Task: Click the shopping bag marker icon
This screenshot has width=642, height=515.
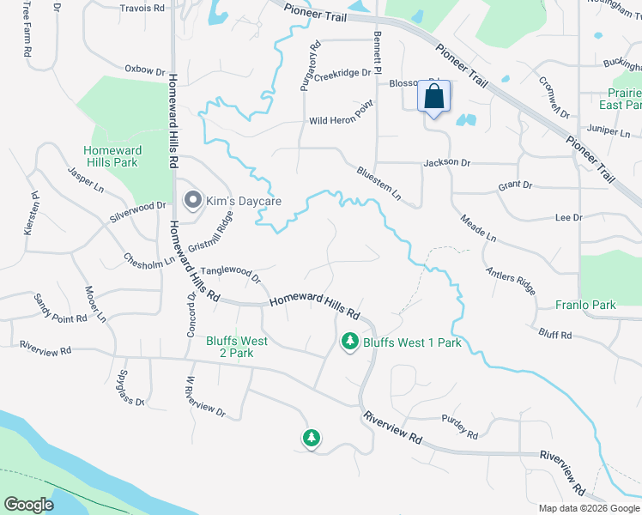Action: (x=434, y=96)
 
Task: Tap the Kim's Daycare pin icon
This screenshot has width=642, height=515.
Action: (x=193, y=201)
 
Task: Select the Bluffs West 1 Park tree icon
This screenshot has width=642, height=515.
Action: (x=350, y=342)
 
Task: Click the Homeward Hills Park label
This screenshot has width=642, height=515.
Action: (x=111, y=156)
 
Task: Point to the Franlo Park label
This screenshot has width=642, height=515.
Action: (x=585, y=305)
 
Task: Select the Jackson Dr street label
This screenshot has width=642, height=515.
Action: (x=447, y=162)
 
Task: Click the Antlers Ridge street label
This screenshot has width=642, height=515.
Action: (x=511, y=281)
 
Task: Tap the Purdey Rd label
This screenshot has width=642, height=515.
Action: (x=460, y=426)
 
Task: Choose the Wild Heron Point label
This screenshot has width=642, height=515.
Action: (x=342, y=121)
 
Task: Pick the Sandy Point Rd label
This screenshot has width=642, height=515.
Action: (x=60, y=308)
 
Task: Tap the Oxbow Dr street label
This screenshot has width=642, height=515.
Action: (x=144, y=70)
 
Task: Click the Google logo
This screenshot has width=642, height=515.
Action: (x=28, y=505)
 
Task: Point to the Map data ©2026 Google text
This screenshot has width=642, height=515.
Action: (x=588, y=508)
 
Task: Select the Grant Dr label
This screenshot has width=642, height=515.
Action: (x=515, y=185)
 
